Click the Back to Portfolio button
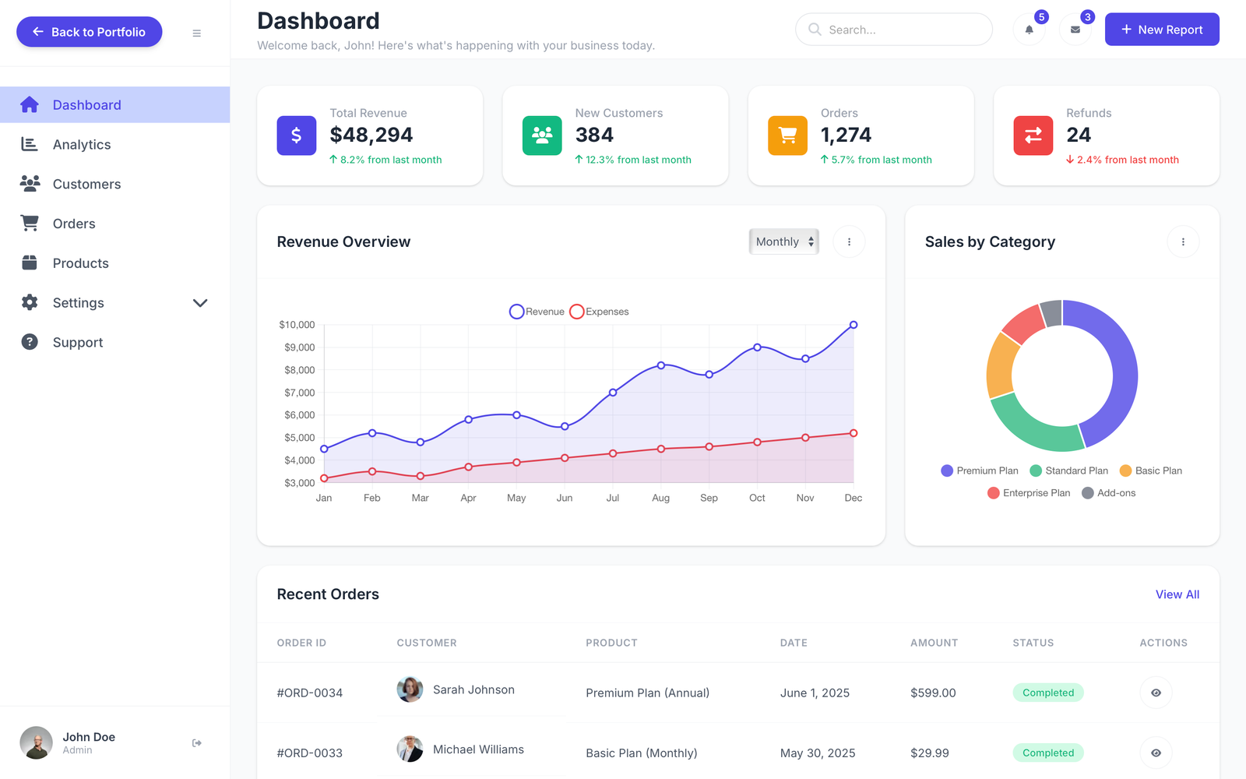(x=89, y=32)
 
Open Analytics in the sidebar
(x=81, y=145)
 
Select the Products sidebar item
(x=80, y=263)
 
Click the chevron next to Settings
(x=200, y=303)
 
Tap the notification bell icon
(x=1029, y=30)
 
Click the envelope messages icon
(x=1075, y=30)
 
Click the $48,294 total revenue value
(x=371, y=135)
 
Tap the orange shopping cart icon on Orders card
(x=787, y=136)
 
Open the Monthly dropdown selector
(x=783, y=241)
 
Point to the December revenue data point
(x=854, y=325)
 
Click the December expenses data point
(x=854, y=433)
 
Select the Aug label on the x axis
(x=660, y=498)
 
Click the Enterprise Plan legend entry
(x=1029, y=493)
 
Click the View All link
(x=1177, y=594)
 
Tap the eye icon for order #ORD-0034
(x=1156, y=693)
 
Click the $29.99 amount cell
(x=929, y=753)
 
